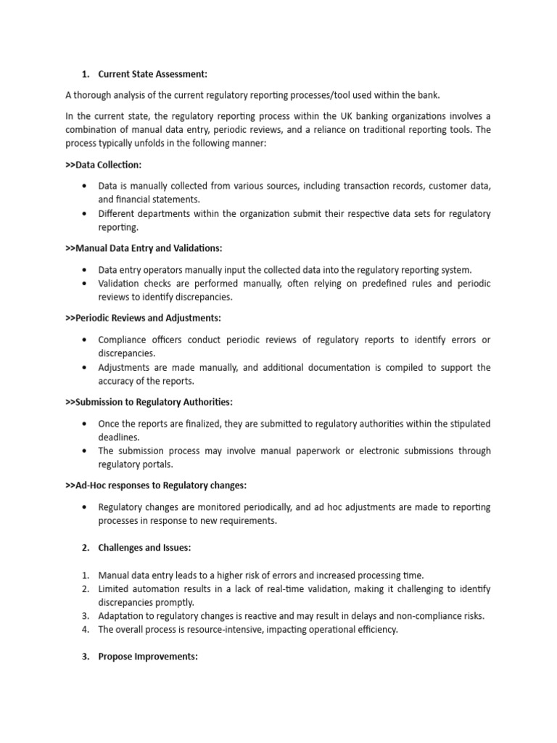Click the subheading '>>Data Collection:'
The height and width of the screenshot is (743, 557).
point(104,165)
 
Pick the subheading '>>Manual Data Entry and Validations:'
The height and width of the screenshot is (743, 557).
point(144,249)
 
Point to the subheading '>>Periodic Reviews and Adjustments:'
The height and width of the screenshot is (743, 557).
point(143,318)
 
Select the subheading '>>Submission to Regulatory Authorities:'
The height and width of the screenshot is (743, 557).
point(149,402)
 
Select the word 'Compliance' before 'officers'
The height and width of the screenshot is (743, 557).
point(123,340)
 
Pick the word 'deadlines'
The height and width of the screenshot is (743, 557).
point(119,437)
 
